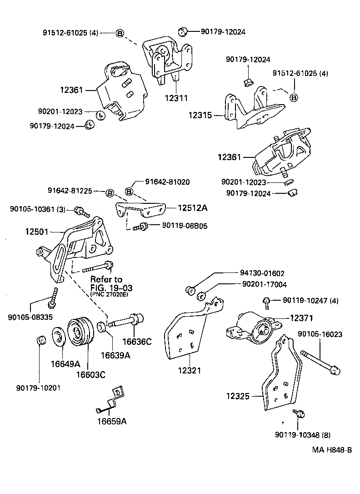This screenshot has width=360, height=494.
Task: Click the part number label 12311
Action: [177, 98]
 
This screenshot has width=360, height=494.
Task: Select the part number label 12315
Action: [200, 116]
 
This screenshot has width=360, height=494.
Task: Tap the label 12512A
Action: [192, 208]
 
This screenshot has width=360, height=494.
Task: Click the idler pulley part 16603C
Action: [80, 334]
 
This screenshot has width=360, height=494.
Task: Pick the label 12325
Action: [238, 396]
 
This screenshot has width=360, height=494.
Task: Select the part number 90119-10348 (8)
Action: [303, 435]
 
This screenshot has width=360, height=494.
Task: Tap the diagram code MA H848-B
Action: [332, 450]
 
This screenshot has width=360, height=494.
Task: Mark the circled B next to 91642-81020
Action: [129, 191]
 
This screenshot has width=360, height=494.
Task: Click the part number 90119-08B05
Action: [181, 225]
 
